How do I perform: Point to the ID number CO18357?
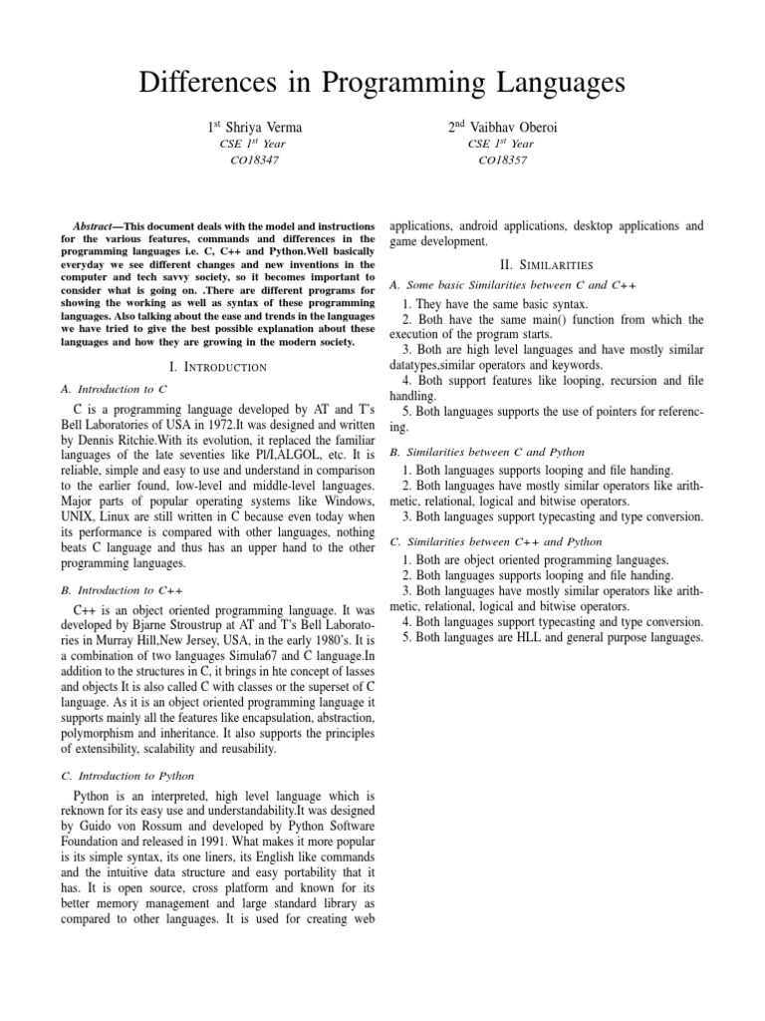[x=504, y=159]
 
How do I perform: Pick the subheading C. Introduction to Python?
[x=127, y=775]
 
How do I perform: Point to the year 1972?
[x=212, y=426]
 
